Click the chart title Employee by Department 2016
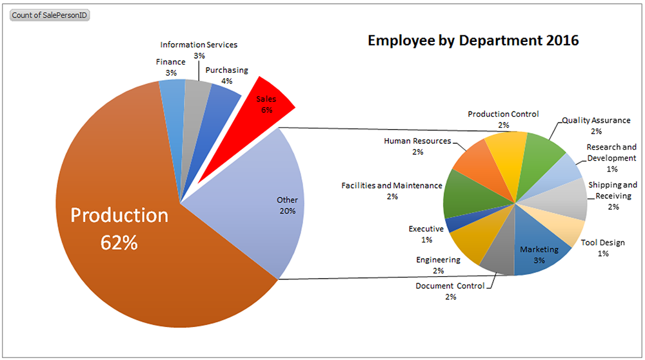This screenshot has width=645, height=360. click(x=473, y=41)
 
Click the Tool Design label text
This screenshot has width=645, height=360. click(x=602, y=243)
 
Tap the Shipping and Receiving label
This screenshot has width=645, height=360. click(x=612, y=190)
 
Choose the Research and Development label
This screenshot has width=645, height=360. click(x=611, y=152)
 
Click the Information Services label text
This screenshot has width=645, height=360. click(x=199, y=45)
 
